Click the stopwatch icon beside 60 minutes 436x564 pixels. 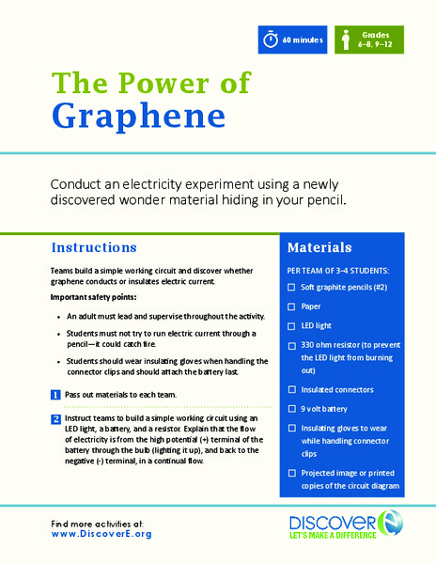(272, 40)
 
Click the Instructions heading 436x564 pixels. (94, 247)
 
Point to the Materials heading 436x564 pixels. (319, 248)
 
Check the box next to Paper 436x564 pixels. (293, 305)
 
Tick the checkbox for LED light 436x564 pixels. (293, 324)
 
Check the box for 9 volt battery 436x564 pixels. (293, 409)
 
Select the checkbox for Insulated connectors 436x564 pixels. (293, 389)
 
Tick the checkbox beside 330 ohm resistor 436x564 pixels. (293, 345)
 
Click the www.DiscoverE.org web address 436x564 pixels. (101, 534)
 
